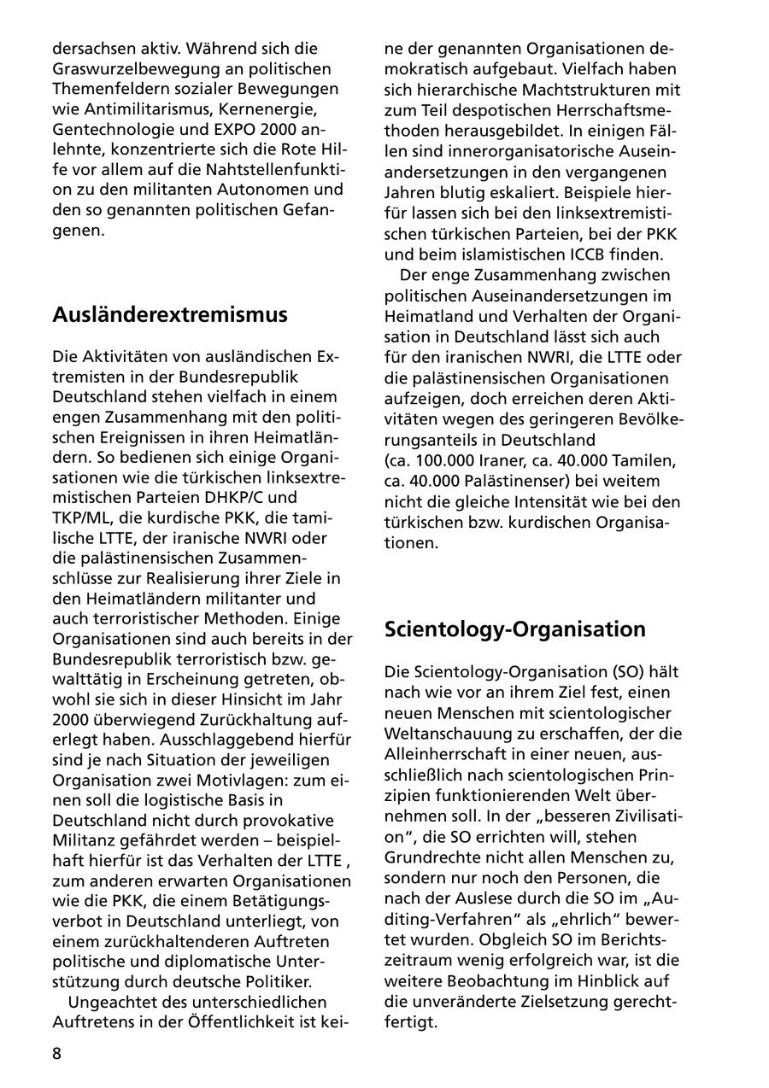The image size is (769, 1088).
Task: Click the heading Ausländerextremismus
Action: (170, 315)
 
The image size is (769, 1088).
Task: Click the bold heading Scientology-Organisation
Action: (515, 629)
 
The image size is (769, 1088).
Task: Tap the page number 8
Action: (57, 1053)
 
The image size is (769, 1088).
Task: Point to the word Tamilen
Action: (647, 461)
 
